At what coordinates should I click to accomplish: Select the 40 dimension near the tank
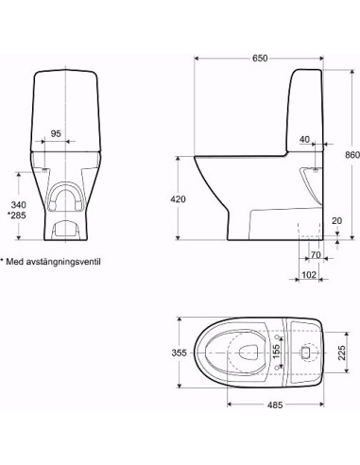click(x=304, y=140)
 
